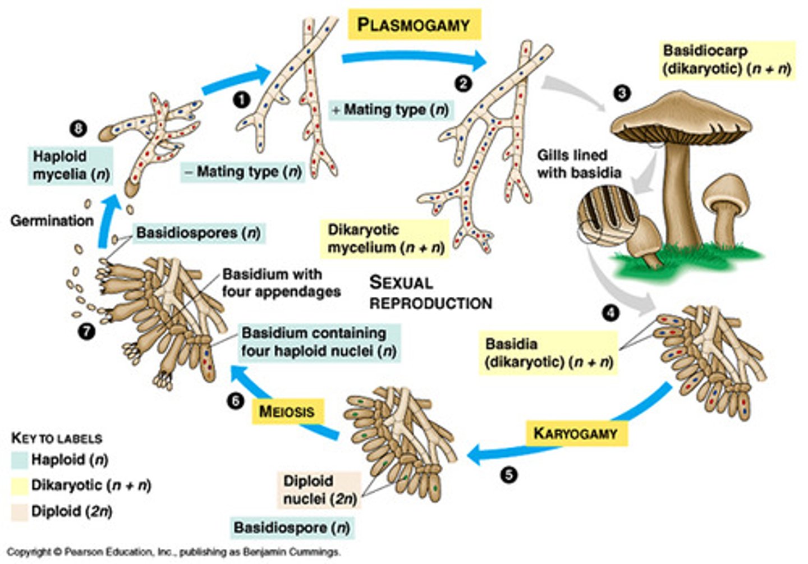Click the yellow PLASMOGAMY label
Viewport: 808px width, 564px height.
414,25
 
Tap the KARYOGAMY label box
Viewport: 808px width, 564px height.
576,433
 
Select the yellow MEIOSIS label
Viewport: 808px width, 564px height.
287,411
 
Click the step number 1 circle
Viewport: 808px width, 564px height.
241,100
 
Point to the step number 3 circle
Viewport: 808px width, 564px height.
622,93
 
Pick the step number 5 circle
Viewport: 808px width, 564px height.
508,475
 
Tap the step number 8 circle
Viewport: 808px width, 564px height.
78,129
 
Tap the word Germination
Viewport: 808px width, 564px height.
52,221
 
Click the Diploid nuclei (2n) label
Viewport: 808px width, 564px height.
320,490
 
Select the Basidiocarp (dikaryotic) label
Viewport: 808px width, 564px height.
727,59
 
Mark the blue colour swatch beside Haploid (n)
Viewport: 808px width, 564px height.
20,460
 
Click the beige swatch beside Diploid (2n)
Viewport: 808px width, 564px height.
20,512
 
